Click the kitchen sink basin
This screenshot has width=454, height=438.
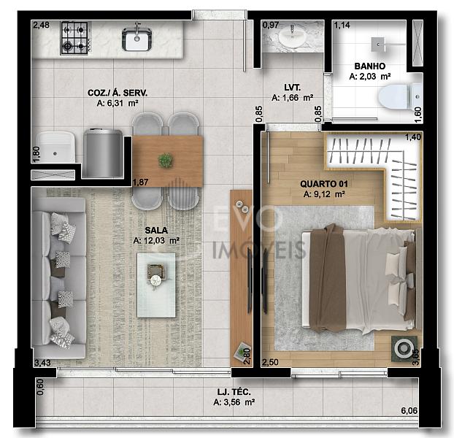[137, 39]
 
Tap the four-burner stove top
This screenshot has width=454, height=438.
[74, 38]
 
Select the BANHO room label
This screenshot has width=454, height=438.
[370, 66]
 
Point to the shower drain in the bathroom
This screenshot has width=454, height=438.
[378, 45]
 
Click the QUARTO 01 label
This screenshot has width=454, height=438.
[323, 184]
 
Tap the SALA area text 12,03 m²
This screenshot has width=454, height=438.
[156, 240]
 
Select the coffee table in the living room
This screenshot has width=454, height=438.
[156, 285]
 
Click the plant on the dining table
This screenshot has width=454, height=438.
[166, 161]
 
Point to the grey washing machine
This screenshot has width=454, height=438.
[103, 153]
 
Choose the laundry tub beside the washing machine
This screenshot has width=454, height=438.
[56, 147]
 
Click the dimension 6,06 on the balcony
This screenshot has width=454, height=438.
[409, 410]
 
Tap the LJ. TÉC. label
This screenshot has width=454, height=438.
[234, 392]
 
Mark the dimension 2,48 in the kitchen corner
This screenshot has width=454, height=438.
[41, 26]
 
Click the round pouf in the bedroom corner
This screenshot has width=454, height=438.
[404, 348]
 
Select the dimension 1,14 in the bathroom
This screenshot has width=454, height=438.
[342, 26]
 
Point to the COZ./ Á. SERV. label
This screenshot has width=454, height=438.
[118, 93]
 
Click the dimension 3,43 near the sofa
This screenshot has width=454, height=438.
[42, 362]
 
